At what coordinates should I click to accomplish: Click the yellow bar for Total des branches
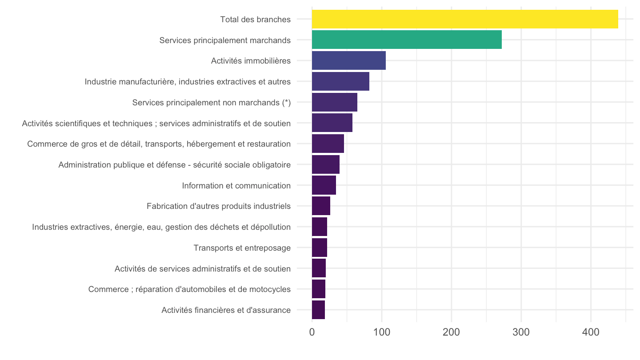465,19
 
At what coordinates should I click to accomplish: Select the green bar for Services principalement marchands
407,40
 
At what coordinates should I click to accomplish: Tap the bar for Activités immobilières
349,60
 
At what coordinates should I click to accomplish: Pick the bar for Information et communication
324,185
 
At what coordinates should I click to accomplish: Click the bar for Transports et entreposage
320,248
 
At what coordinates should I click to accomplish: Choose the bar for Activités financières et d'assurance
318,310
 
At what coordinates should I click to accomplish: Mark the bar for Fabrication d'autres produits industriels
321,206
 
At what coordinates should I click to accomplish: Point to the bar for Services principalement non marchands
335,102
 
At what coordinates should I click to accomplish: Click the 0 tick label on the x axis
312,332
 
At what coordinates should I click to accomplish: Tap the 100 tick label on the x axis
382,332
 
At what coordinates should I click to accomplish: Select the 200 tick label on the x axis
452,332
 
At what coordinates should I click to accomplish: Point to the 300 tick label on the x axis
521,332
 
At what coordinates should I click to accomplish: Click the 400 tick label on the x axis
591,332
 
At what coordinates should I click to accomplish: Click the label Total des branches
256,20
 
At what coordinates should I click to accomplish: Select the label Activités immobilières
251,61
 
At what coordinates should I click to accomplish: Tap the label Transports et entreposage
242,248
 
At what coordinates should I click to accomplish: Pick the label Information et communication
236,186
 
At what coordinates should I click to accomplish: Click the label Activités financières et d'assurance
226,310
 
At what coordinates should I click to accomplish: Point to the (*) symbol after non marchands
287,103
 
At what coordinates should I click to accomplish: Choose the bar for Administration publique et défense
326,164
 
